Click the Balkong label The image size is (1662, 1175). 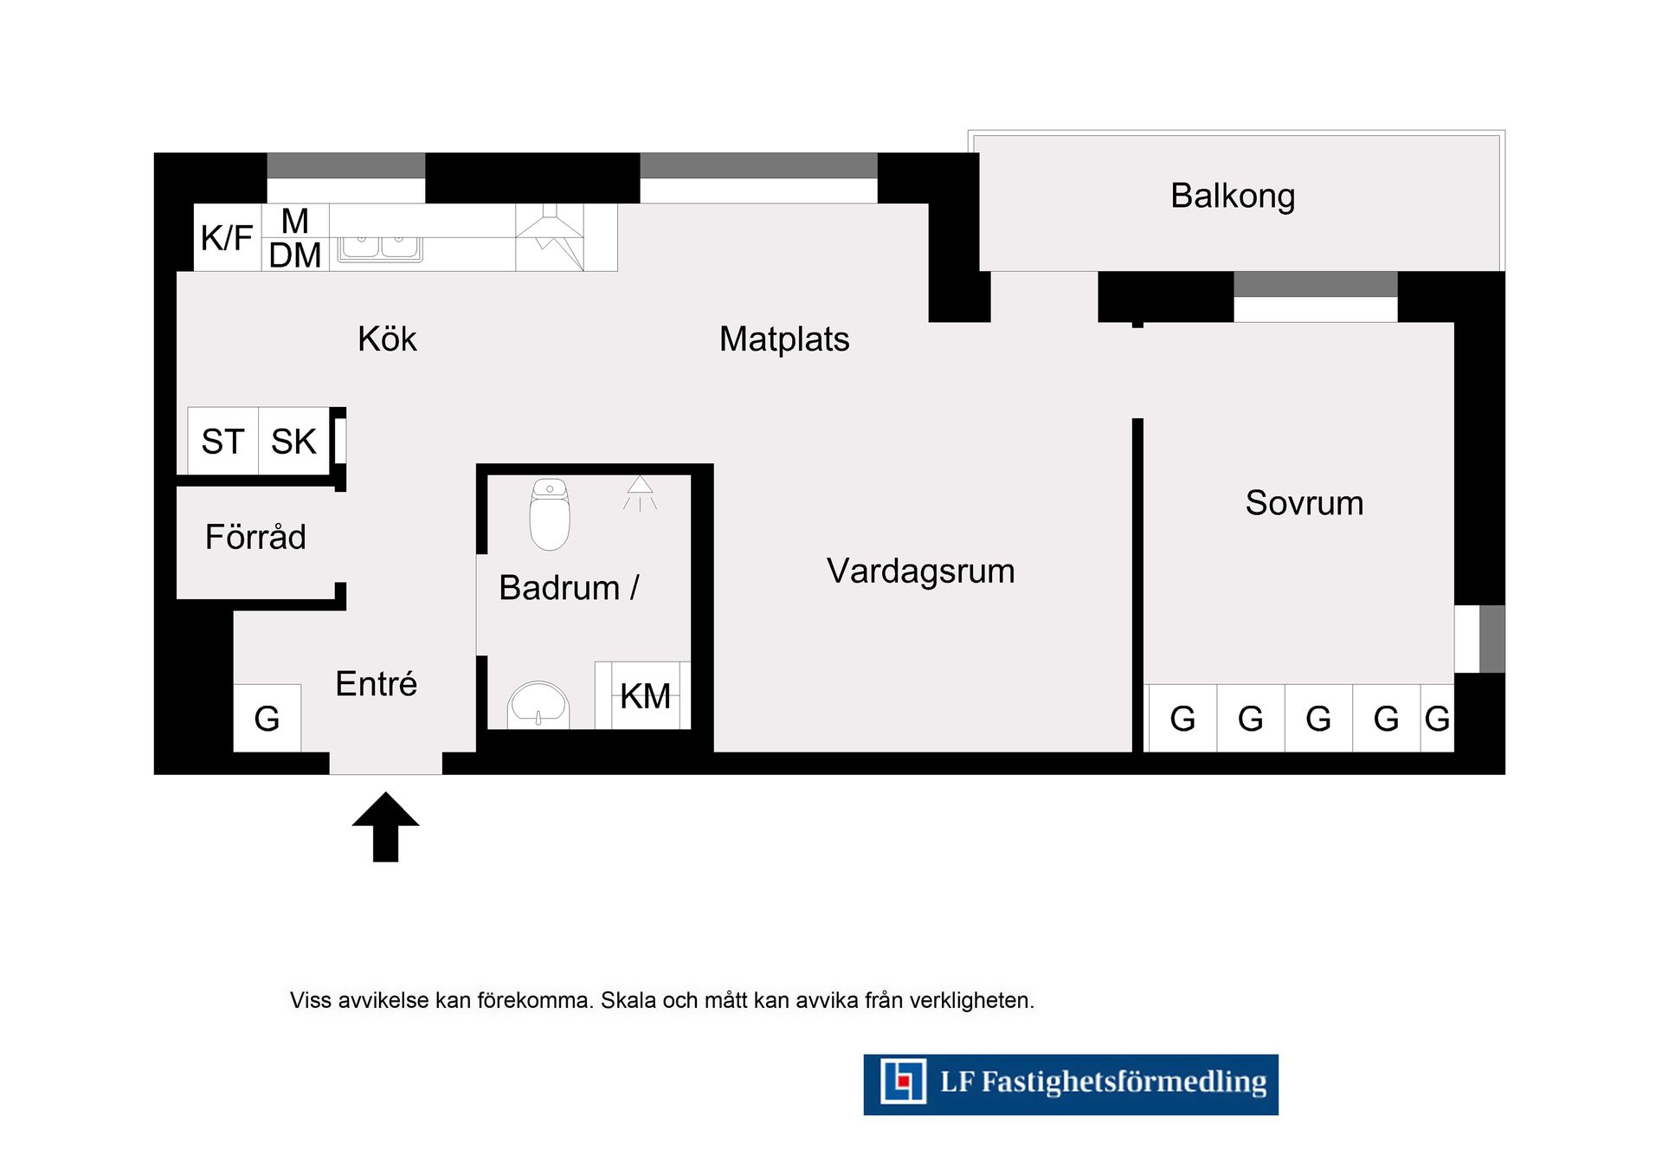tap(1233, 197)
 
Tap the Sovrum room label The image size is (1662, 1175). tap(1304, 503)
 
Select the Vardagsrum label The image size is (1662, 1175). tap(921, 571)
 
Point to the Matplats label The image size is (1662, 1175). tap(784, 339)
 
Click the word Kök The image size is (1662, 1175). tap(387, 339)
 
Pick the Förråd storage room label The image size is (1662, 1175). tap(255, 536)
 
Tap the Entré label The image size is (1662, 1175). tap(377, 683)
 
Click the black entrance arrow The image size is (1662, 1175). tap(386, 827)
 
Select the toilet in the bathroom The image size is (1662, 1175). tap(550, 514)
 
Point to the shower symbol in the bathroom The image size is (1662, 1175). tap(640, 493)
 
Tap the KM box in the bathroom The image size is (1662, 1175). tap(646, 695)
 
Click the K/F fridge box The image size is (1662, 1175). tap(227, 237)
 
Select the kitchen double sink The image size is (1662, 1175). tap(380, 248)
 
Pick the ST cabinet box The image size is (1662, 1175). tap(223, 441)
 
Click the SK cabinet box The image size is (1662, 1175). tap(293, 441)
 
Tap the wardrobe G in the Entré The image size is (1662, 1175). tap(267, 718)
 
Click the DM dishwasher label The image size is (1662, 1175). tap(295, 255)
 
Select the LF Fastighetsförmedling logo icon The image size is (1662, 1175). tap(904, 1081)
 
